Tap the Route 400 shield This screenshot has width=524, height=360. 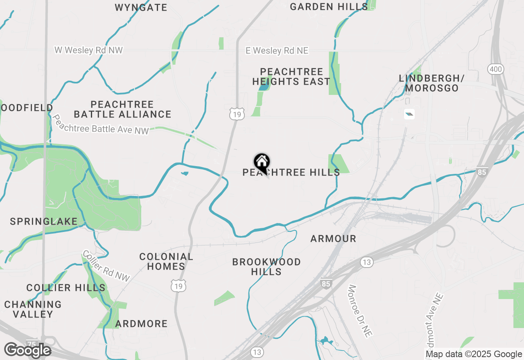pos(495,69)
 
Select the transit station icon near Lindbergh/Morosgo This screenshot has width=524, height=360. pos(409,114)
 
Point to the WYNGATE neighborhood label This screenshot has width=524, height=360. pos(141,7)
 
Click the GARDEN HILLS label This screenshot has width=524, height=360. pos(329,7)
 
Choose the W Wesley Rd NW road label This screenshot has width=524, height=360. pos(89,50)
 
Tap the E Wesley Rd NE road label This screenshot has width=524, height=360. pos(277,51)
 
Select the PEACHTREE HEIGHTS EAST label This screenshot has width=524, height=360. pos(291,77)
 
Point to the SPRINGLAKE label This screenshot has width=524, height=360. pos(44,222)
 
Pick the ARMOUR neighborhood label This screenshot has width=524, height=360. pos(333,239)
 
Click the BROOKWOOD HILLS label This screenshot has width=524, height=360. pos(267,267)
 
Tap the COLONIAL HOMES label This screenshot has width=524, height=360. pos(166,261)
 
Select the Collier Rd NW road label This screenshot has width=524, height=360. pos(106,266)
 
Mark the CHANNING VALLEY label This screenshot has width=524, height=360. pos(33,309)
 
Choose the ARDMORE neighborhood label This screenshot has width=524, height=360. pos(141,324)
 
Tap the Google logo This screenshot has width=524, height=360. pos(27,350)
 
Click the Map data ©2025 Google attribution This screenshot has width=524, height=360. pos(474,354)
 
